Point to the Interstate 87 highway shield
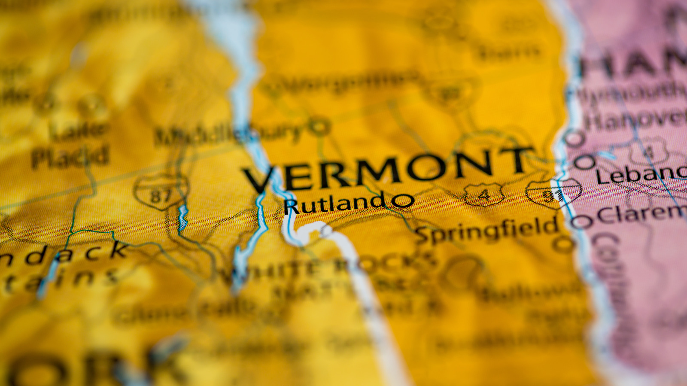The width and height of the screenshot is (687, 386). click(x=161, y=193)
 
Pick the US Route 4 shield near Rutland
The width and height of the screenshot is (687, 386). click(x=484, y=194)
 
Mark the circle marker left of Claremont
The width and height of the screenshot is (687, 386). click(x=581, y=222)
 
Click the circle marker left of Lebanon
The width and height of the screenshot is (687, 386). click(x=584, y=162)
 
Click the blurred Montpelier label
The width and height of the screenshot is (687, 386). click(x=339, y=83)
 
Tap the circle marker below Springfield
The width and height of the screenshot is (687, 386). click(x=563, y=244)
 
